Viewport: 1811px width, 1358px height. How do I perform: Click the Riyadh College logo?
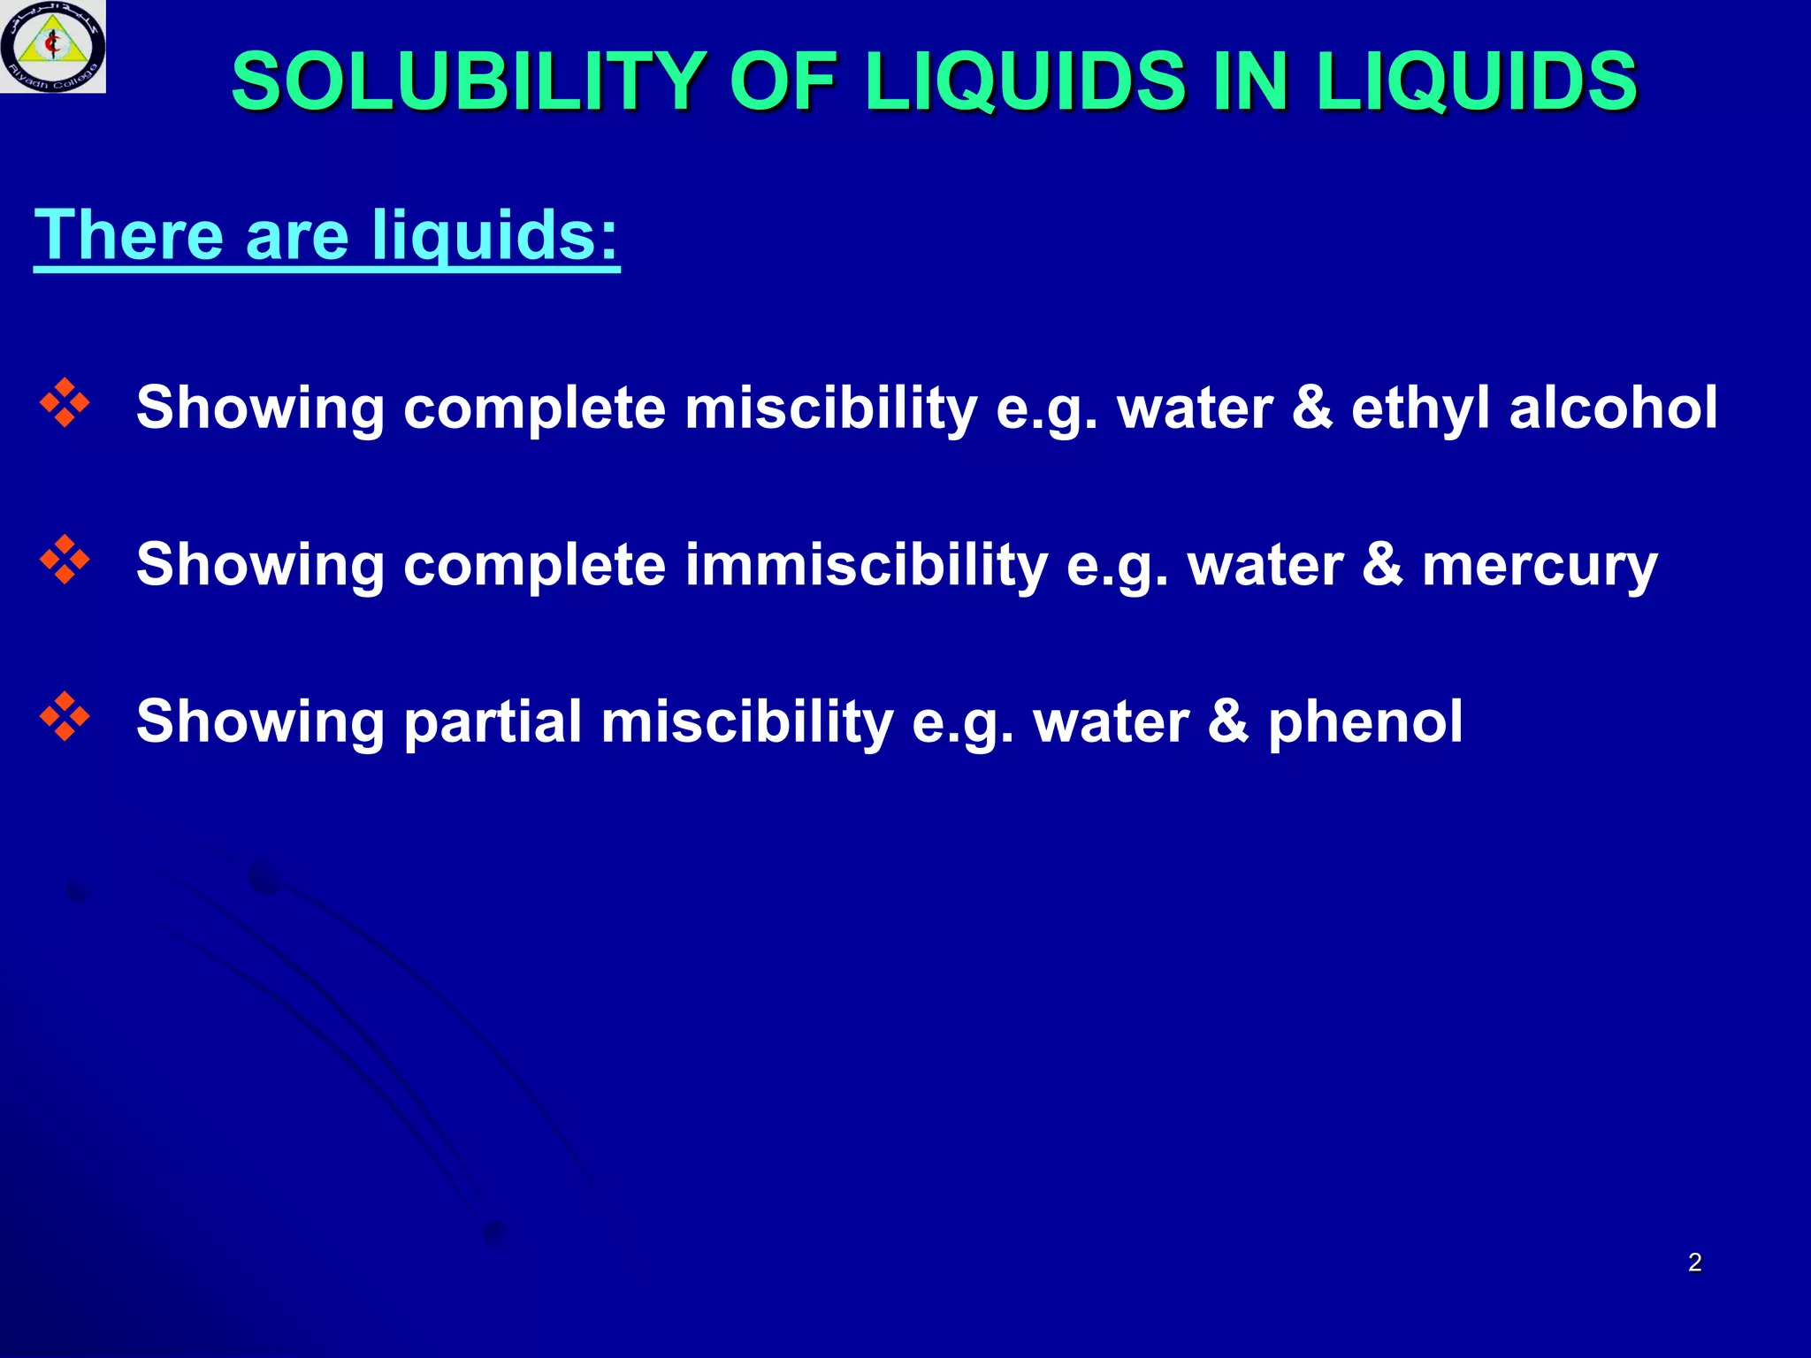coord(53,46)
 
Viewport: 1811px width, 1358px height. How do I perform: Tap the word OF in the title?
coord(783,81)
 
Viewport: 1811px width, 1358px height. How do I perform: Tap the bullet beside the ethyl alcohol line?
coord(65,403)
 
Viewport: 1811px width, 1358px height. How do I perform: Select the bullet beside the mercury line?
coord(65,560)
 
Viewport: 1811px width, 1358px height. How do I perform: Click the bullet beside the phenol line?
coord(65,716)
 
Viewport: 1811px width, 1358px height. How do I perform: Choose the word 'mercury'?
coord(1540,566)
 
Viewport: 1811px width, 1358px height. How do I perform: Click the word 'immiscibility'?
coord(866,565)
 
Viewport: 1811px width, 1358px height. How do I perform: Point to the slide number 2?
coord(1694,1263)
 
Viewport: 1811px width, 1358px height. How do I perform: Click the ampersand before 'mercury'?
coord(1382,565)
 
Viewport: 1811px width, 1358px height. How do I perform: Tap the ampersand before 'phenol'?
coord(1228,721)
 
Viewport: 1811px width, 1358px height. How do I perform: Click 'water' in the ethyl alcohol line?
coord(1195,408)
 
